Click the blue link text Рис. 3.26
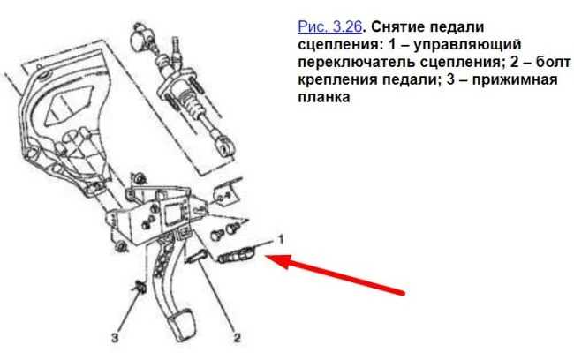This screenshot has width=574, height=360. click(x=330, y=27)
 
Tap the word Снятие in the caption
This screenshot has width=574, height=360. click(x=397, y=27)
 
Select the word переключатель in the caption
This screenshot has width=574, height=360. click(x=357, y=62)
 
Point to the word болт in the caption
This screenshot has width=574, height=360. click(x=553, y=62)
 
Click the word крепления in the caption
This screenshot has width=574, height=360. click(x=338, y=79)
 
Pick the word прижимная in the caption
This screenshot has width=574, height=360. click(x=515, y=79)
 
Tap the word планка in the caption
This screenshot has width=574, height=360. click(x=323, y=97)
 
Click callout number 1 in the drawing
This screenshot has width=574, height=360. click(x=281, y=240)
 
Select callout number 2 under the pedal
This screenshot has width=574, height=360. click(x=238, y=337)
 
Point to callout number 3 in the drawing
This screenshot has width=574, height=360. click(x=115, y=337)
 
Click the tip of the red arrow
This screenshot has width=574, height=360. click(x=264, y=257)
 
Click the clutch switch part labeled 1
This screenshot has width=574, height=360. click(x=235, y=254)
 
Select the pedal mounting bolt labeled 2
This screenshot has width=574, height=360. click(x=197, y=257)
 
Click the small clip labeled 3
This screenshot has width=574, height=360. click(x=140, y=287)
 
